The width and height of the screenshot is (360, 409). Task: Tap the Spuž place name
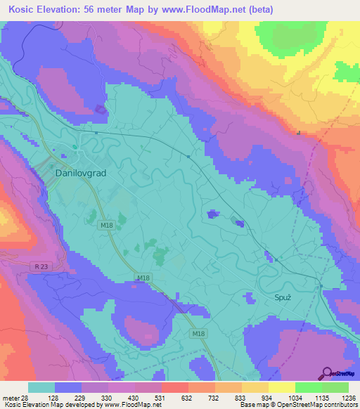(282, 298)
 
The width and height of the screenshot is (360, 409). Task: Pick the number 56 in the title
(92, 10)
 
